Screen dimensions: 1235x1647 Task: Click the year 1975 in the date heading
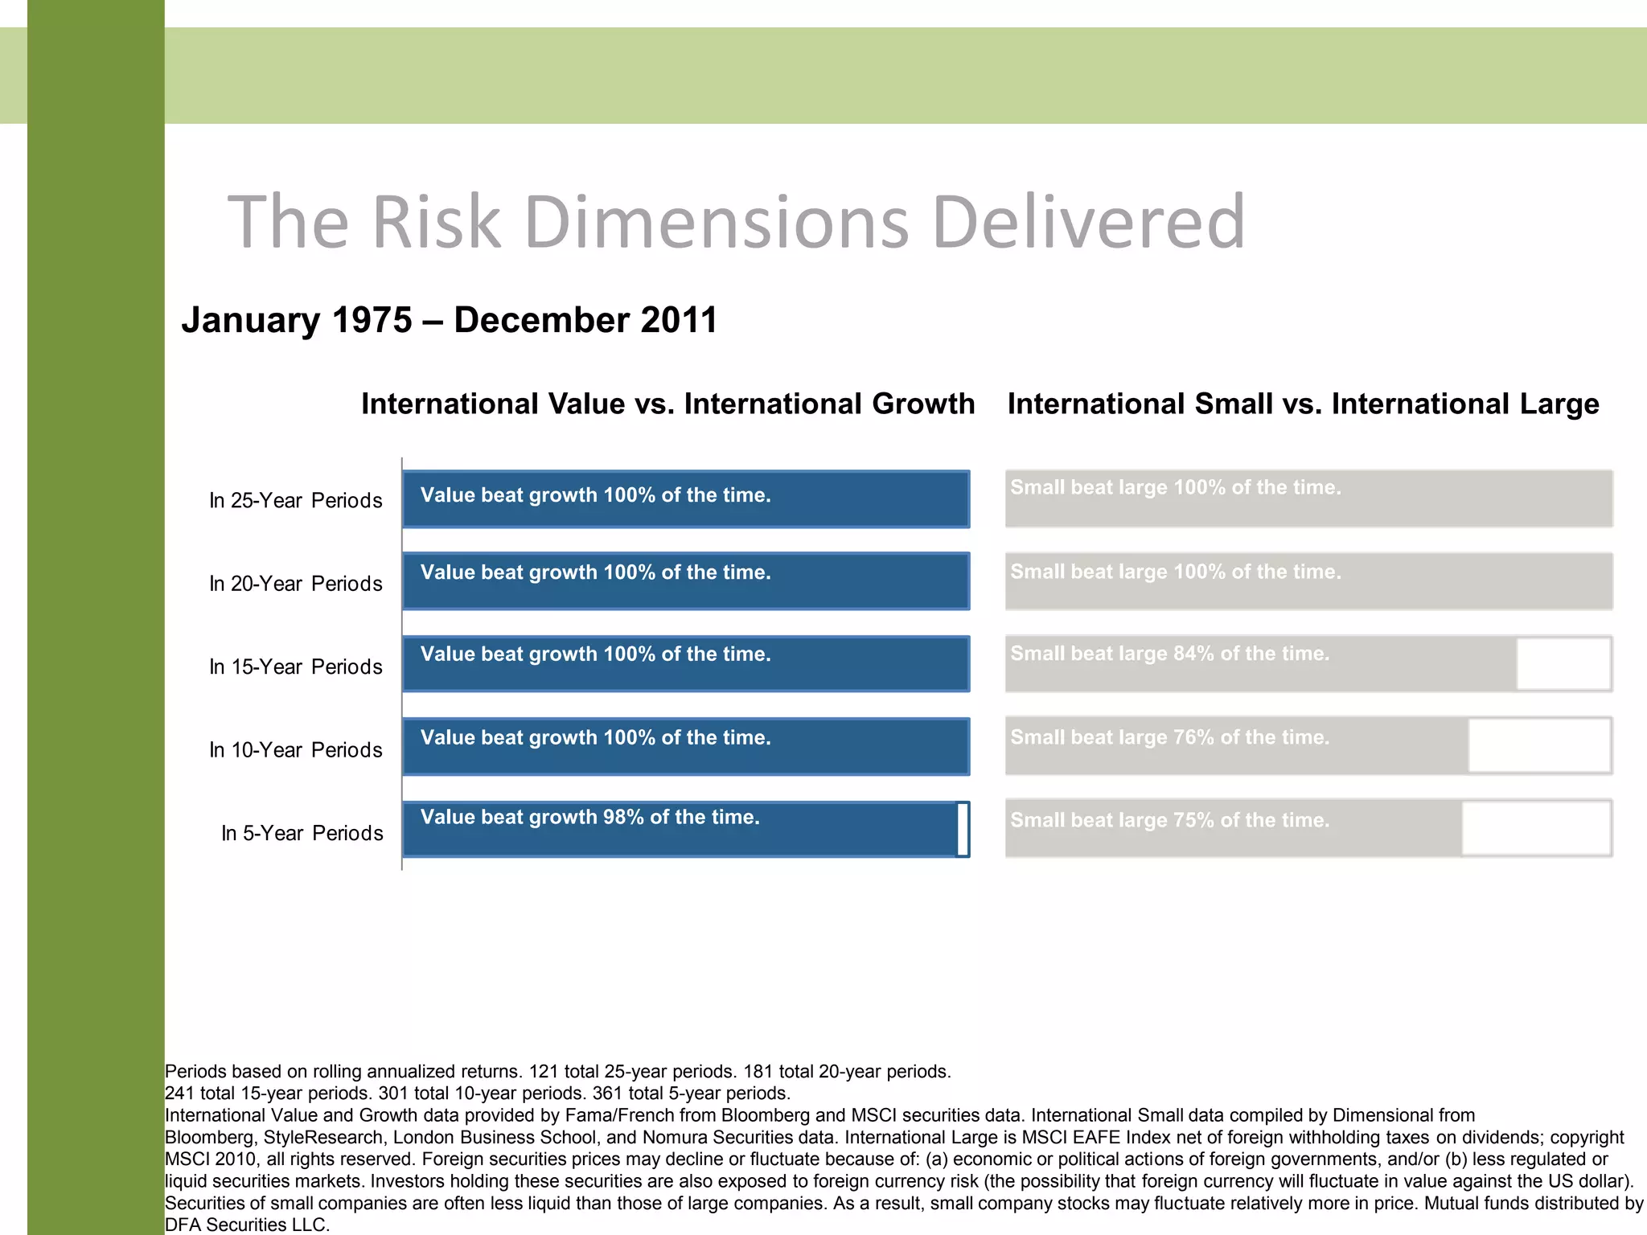[372, 320]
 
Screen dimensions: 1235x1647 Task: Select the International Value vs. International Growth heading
[667, 404]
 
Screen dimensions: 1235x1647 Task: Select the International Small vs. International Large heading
[1303, 404]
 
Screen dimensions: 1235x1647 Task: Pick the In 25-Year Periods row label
[295, 501]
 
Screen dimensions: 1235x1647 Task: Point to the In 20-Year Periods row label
[295, 584]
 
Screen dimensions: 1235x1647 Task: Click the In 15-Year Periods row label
[295, 667]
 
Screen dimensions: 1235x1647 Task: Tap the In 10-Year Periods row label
[295, 750]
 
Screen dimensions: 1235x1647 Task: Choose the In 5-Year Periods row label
[302, 834]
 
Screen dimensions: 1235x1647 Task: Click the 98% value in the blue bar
[623, 818]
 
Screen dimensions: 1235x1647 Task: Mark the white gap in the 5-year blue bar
[963, 830]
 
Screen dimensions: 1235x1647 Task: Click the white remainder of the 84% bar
[1563, 664]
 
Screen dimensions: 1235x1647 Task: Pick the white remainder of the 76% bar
[1539, 746]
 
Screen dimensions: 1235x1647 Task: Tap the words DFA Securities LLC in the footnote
[246, 1225]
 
